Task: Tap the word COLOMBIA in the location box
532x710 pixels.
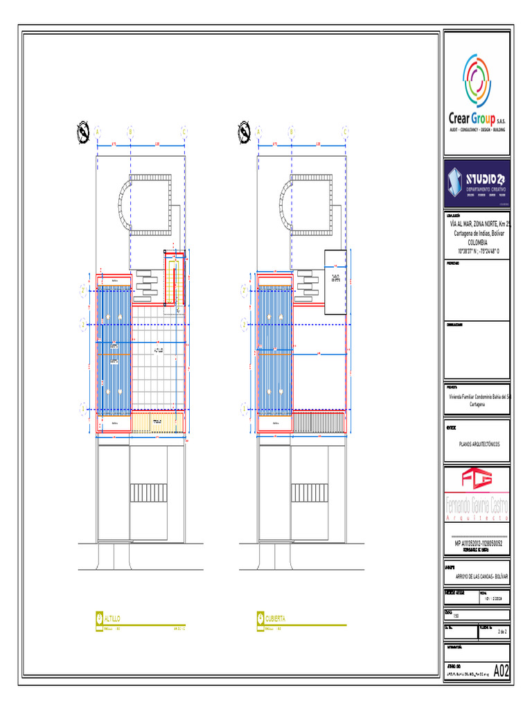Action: (x=477, y=242)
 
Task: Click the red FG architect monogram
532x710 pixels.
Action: (x=477, y=480)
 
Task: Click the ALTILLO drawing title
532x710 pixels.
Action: (x=112, y=617)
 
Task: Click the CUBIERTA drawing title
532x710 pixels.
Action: (x=274, y=617)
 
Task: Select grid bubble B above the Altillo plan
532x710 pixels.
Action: (x=130, y=130)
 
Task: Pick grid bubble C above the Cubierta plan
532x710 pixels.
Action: (x=346, y=130)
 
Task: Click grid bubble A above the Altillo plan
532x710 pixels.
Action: (x=98, y=130)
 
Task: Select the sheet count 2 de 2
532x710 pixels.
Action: (x=503, y=632)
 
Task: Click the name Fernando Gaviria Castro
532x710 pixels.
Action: (x=477, y=508)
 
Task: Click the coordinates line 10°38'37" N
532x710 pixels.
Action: (x=477, y=250)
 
